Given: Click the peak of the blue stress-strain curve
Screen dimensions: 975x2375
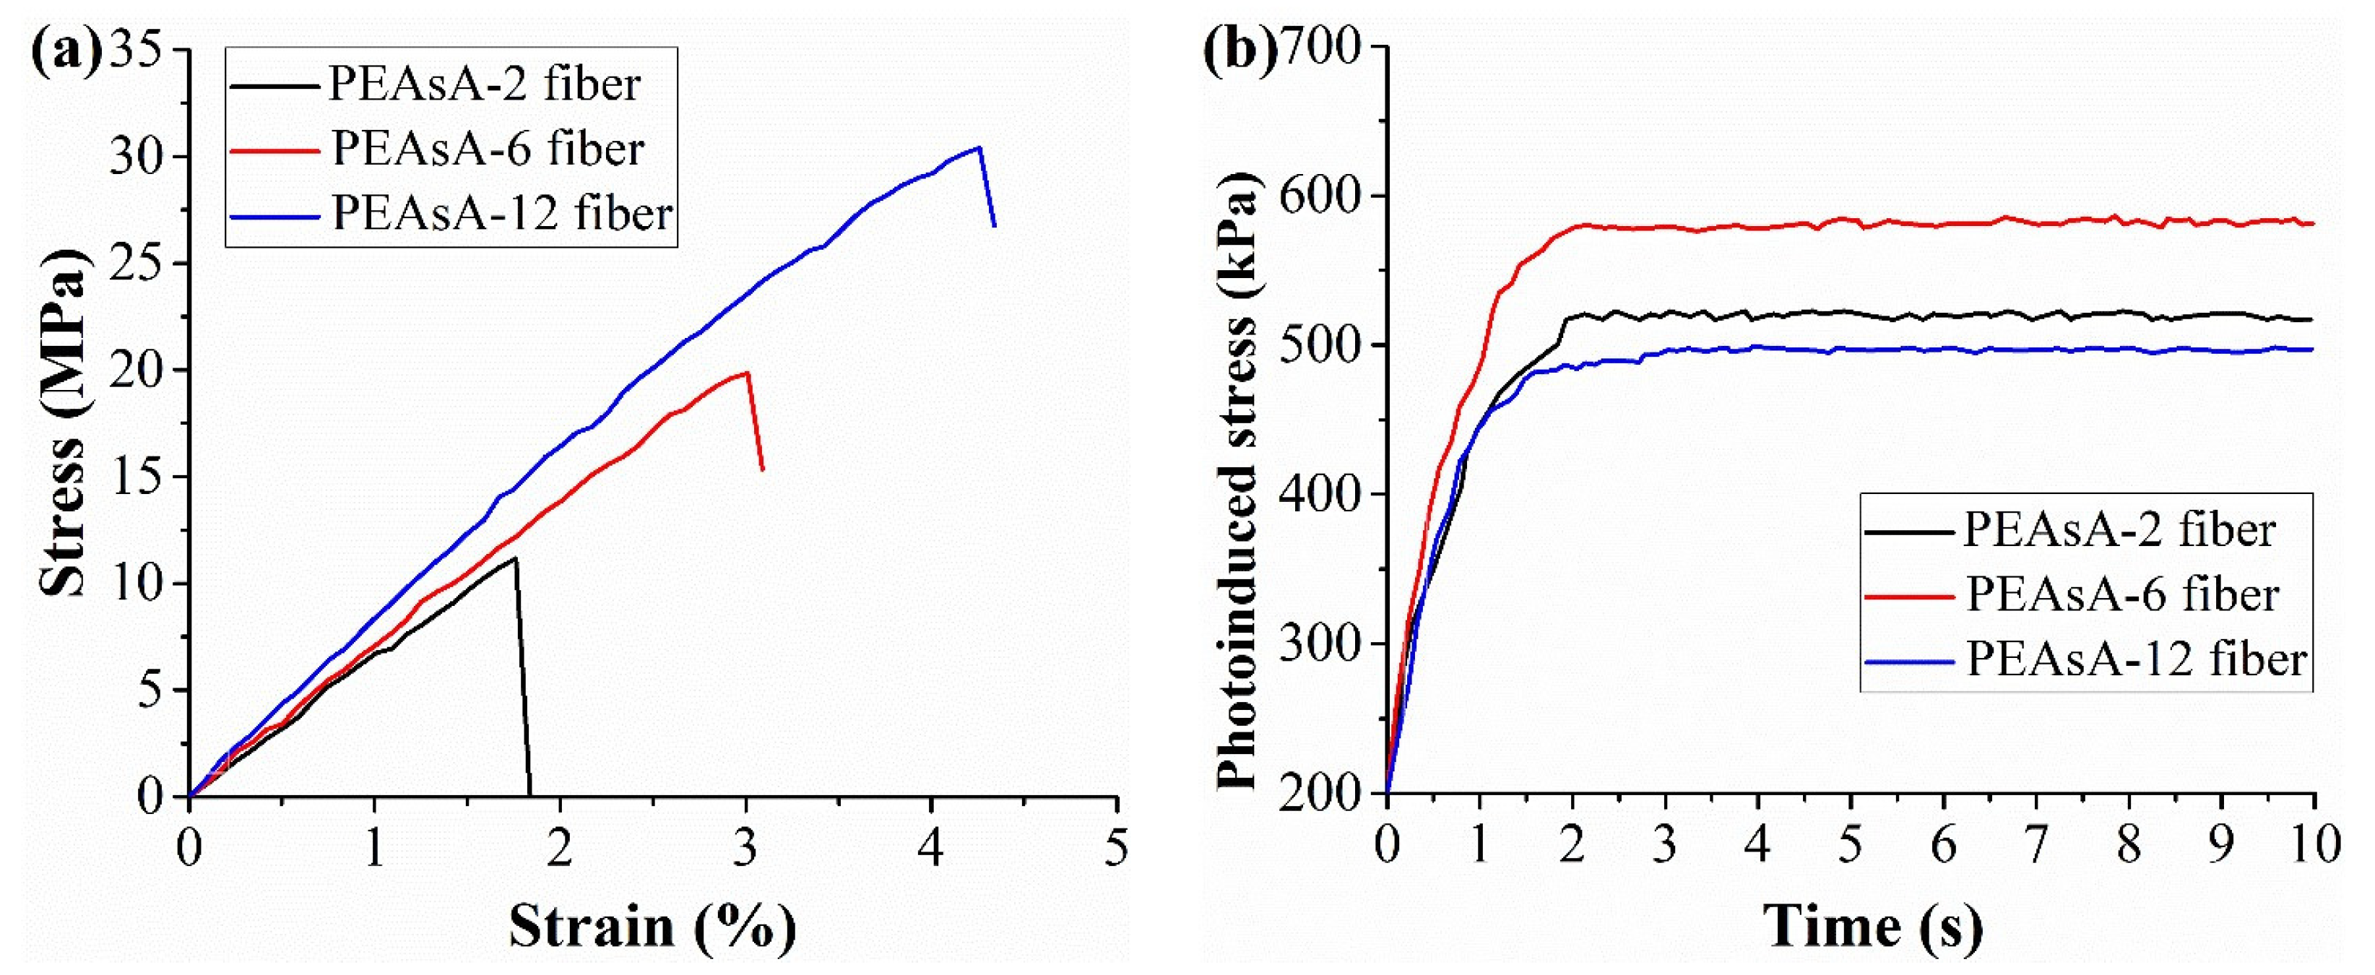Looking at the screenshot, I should [x=978, y=147].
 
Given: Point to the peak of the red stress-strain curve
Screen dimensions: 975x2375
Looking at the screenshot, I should [x=747, y=373].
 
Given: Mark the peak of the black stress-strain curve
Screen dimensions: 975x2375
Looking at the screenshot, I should [x=514, y=558].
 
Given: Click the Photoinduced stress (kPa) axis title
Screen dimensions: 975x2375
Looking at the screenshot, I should [x=1235, y=480].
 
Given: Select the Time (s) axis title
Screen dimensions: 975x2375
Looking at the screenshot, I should [x=1872, y=926].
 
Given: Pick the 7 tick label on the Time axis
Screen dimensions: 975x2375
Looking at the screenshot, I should [x=2035, y=844].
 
